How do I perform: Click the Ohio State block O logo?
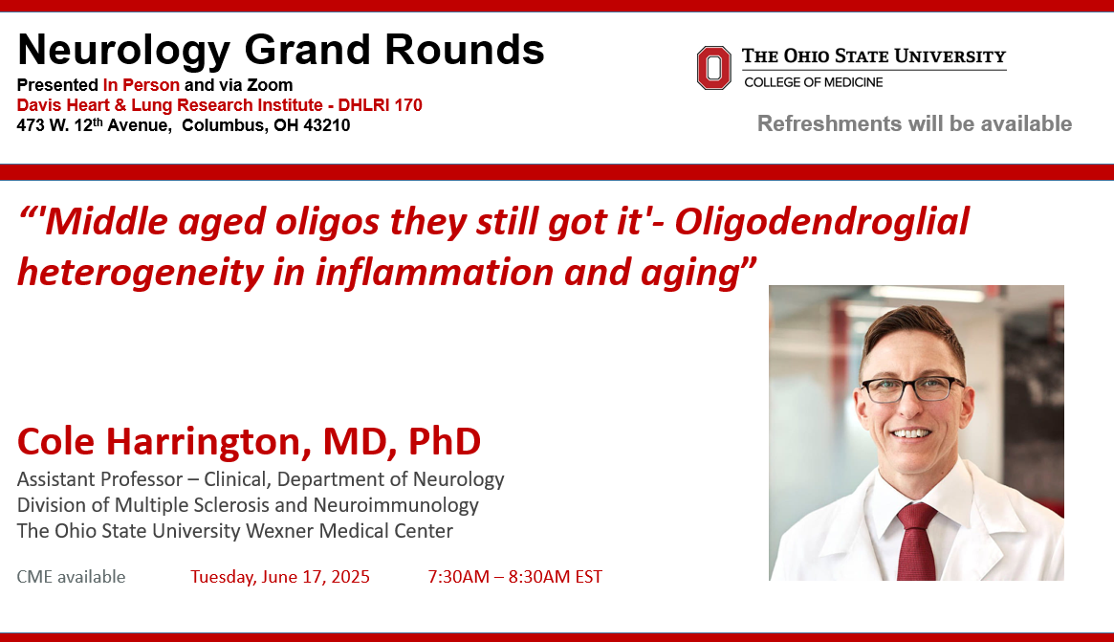(713, 68)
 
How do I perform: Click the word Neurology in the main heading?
(123, 51)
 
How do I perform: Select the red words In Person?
(141, 85)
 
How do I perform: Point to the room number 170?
(407, 105)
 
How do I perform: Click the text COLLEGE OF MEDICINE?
(814, 82)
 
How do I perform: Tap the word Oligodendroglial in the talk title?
(821, 222)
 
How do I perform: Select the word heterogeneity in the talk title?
(141, 273)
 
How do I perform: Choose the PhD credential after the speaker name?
(444, 441)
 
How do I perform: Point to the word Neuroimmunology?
(396, 505)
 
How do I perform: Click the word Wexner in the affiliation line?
(280, 531)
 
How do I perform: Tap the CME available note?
(71, 577)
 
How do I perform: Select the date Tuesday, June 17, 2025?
(280, 577)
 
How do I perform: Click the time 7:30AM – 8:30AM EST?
(515, 577)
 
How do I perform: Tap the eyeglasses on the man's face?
(912, 388)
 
